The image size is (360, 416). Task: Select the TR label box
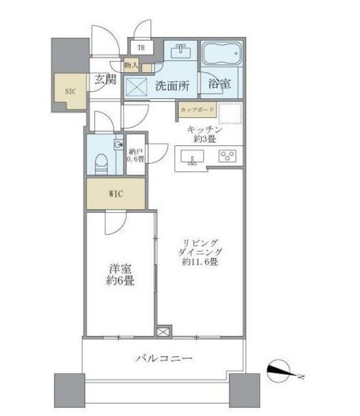(x=141, y=47)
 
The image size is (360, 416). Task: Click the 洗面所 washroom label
(x=172, y=85)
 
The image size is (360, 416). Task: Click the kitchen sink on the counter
(x=192, y=158)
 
